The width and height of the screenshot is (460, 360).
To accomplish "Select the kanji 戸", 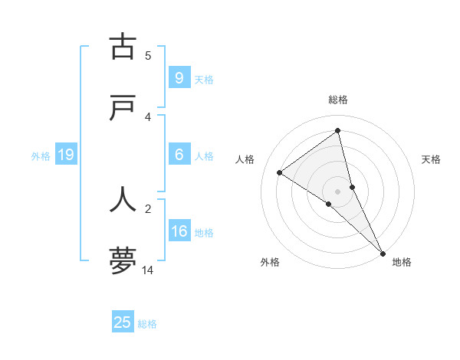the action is pos(123,108).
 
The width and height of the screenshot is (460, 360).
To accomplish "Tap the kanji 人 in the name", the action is pos(123,198).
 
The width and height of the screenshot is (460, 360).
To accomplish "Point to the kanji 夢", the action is pos(123,260).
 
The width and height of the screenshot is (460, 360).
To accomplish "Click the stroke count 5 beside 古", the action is pos(148,55).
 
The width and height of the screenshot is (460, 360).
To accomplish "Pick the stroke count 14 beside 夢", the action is pos(148,270).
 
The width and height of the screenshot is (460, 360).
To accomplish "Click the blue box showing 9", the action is pos(179,78).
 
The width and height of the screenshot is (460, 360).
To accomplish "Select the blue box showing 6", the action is pos(179,155).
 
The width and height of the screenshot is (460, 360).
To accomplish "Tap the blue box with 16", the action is pos(179,231).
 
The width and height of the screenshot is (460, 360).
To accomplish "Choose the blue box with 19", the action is pos(65,155).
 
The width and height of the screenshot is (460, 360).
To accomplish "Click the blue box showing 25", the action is pos(123,322).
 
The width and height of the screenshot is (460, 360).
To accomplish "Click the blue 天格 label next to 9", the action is pos(204,79).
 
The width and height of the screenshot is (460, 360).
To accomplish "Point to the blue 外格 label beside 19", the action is pos(41,156).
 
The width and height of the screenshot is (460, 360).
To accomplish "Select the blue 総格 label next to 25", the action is pos(147,324).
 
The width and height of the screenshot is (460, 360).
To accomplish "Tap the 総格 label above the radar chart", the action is pos(337,100).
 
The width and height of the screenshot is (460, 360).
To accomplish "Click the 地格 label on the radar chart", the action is pos(402,262).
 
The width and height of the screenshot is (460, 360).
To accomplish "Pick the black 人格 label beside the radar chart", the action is pos(245,159).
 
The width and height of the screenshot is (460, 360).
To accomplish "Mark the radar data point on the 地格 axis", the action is pos(383,252).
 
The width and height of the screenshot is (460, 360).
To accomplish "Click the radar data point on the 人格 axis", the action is pos(280,172).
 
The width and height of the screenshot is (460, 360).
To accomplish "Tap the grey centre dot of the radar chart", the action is pos(337,191).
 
